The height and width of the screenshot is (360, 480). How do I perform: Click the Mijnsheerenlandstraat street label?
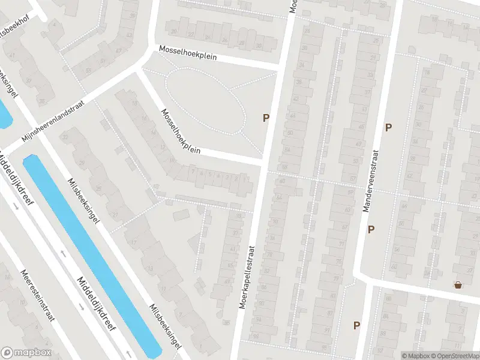tap(53, 120)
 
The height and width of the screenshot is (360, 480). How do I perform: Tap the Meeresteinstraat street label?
tap(37, 295)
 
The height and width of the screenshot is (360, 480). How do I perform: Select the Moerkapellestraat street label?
tap(247, 277)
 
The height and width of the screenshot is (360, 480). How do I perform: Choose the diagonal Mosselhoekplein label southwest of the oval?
tap(179, 130)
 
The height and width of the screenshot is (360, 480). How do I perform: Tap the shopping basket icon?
tap(459, 285)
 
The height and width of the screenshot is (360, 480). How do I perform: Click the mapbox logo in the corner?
tap(26, 353)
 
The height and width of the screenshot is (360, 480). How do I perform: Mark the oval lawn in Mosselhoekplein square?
tap(205, 101)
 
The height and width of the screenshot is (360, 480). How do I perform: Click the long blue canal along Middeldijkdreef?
tap(90, 252)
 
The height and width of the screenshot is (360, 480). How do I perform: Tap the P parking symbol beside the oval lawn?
tap(265, 118)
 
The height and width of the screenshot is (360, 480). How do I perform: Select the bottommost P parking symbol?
tap(356, 326)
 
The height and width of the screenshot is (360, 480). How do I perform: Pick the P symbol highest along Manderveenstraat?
tap(388, 127)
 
